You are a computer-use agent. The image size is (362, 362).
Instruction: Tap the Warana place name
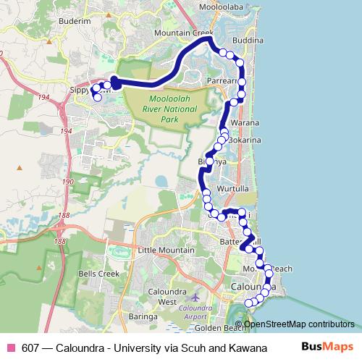pos(237,122)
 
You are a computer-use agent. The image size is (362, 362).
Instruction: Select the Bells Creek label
pos(98,274)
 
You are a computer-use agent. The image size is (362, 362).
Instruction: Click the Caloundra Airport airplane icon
pos(193,297)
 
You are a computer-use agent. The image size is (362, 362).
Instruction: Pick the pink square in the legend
pos(10,347)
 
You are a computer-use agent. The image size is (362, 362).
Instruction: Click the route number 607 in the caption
pos(30,347)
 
